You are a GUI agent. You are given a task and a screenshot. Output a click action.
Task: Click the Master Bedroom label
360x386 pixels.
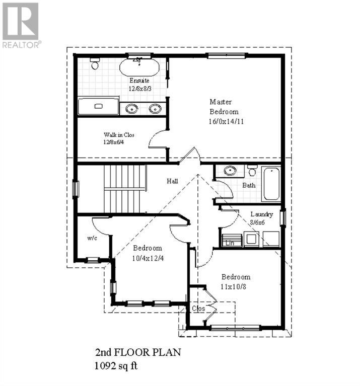pos(224,106)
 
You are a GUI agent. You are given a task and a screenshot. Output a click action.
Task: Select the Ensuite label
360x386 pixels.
pos(139,81)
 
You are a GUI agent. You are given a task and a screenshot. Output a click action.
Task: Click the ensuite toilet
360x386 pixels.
pos(94,64)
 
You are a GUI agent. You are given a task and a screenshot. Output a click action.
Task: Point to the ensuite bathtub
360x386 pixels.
pos(139,67)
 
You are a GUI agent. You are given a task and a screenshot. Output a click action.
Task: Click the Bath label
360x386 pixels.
pos(249,185)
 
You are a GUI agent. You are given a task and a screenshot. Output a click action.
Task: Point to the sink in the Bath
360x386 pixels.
pos(230,171)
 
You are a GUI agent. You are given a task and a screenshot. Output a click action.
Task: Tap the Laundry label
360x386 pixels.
pos(262,214)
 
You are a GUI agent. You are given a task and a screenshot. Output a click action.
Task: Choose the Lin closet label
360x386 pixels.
pos(231,243)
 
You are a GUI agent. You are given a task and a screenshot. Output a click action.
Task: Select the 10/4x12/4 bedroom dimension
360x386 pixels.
pos(147,258)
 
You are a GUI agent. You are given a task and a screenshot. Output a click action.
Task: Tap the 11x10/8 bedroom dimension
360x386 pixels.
pos(236,287)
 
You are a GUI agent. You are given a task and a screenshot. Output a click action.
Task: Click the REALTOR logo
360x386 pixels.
pos(21,25)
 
